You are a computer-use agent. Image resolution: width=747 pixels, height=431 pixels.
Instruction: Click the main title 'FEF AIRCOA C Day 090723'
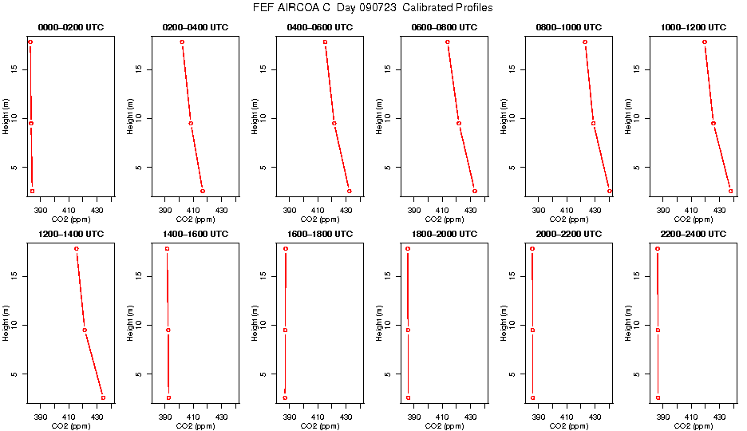[x=373, y=8]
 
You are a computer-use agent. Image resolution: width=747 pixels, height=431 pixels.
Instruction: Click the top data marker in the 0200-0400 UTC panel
[x=182, y=42]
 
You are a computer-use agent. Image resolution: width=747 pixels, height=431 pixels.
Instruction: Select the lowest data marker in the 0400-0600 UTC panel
[x=349, y=191]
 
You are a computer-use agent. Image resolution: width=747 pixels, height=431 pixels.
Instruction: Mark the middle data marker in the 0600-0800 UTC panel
[x=458, y=123]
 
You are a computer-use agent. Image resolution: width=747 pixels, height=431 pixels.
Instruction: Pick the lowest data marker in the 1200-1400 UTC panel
[x=103, y=397]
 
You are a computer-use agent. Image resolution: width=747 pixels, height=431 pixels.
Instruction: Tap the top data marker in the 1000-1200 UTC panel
[x=705, y=42]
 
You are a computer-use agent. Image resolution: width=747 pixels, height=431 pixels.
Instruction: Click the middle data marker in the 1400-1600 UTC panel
[x=168, y=330]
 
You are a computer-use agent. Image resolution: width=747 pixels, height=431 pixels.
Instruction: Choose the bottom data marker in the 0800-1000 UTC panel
[x=609, y=191]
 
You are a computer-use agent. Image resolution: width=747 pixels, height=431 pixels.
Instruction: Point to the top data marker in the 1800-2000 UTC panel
[x=408, y=248]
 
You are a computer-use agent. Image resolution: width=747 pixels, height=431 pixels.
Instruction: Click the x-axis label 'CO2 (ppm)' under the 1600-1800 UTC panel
[x=319, y=426]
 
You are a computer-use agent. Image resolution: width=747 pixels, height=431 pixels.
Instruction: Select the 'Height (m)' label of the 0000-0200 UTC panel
[x=6, y=117]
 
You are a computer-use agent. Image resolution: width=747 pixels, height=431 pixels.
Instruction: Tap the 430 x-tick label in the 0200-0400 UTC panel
[x=221, y=210]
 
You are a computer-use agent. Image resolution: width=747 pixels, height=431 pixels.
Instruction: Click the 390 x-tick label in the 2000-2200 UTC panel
[x=539, y=417]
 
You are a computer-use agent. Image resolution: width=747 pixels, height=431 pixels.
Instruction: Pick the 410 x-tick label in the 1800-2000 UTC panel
[x=442, y=417]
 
